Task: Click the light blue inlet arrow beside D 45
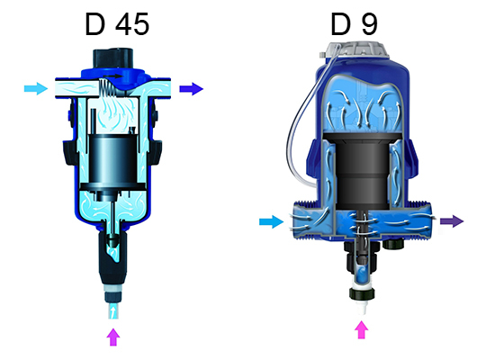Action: (x=35, y=88)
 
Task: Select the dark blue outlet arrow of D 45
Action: (x=191, y=88)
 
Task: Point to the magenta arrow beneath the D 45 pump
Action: (x=112, y=337)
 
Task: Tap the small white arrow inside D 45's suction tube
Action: (x=112, y=310)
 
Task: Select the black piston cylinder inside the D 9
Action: (x=359, y=166)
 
